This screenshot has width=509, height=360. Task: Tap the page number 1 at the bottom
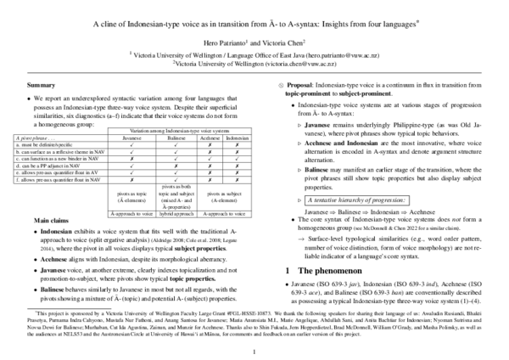[254, 349]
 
